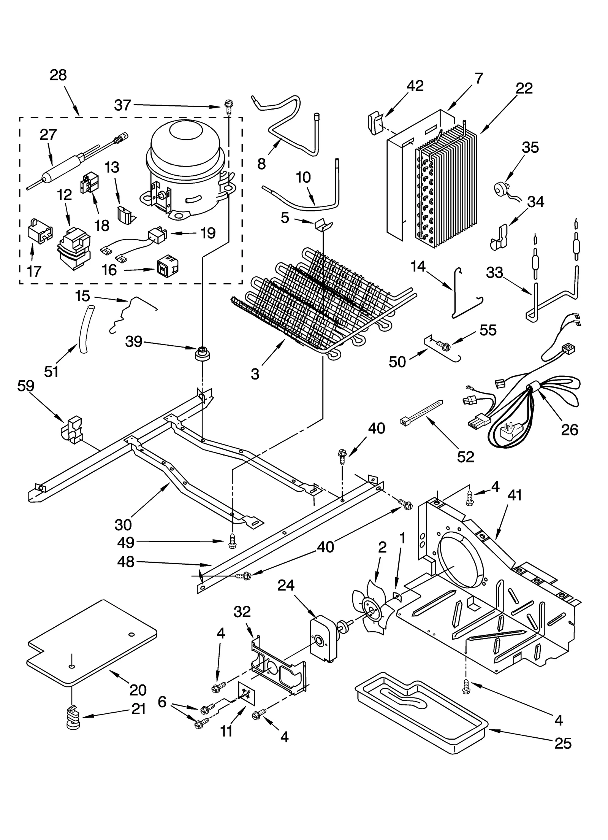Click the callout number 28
click(58, 75)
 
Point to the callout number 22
click(524, 88)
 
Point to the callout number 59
click(25, 386)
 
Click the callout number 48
click(126, 562)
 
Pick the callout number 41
click(515, 496)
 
